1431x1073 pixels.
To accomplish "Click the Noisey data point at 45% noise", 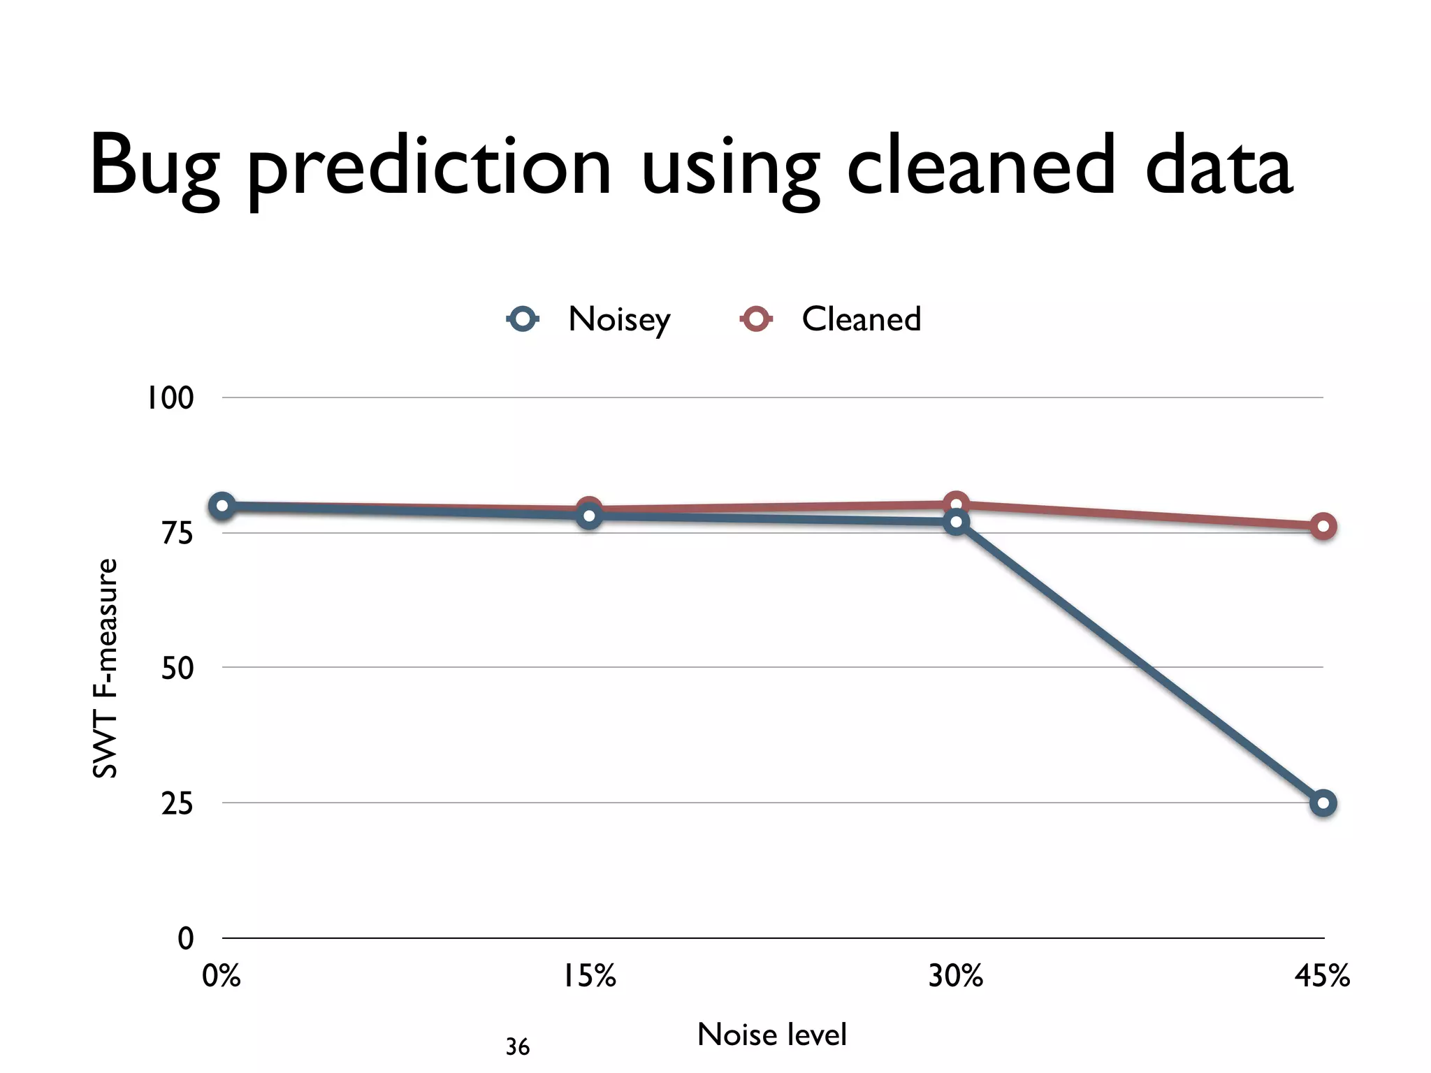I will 1323,803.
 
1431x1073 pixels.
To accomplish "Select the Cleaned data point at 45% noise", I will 1323,527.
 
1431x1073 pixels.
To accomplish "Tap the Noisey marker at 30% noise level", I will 956,522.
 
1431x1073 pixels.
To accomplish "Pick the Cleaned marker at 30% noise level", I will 956,503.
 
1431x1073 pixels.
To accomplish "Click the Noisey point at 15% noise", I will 589,516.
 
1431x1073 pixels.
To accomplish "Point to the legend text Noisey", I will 619,320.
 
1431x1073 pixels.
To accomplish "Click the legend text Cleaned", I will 861,319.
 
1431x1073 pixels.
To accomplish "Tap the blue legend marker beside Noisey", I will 523,319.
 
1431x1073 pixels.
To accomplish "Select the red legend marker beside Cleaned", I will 756,319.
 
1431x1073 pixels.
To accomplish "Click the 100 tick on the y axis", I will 169,398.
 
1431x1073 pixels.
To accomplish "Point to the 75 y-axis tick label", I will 176,534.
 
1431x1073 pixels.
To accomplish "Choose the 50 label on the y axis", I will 176,669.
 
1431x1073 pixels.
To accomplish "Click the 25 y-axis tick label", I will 176,804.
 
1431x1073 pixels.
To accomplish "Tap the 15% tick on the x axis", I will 590,976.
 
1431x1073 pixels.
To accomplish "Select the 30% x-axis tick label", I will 955,976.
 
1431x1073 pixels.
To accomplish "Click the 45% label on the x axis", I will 1322,976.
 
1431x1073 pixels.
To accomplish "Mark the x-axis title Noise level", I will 771,1035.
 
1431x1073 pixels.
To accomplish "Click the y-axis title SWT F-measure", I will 105,668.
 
